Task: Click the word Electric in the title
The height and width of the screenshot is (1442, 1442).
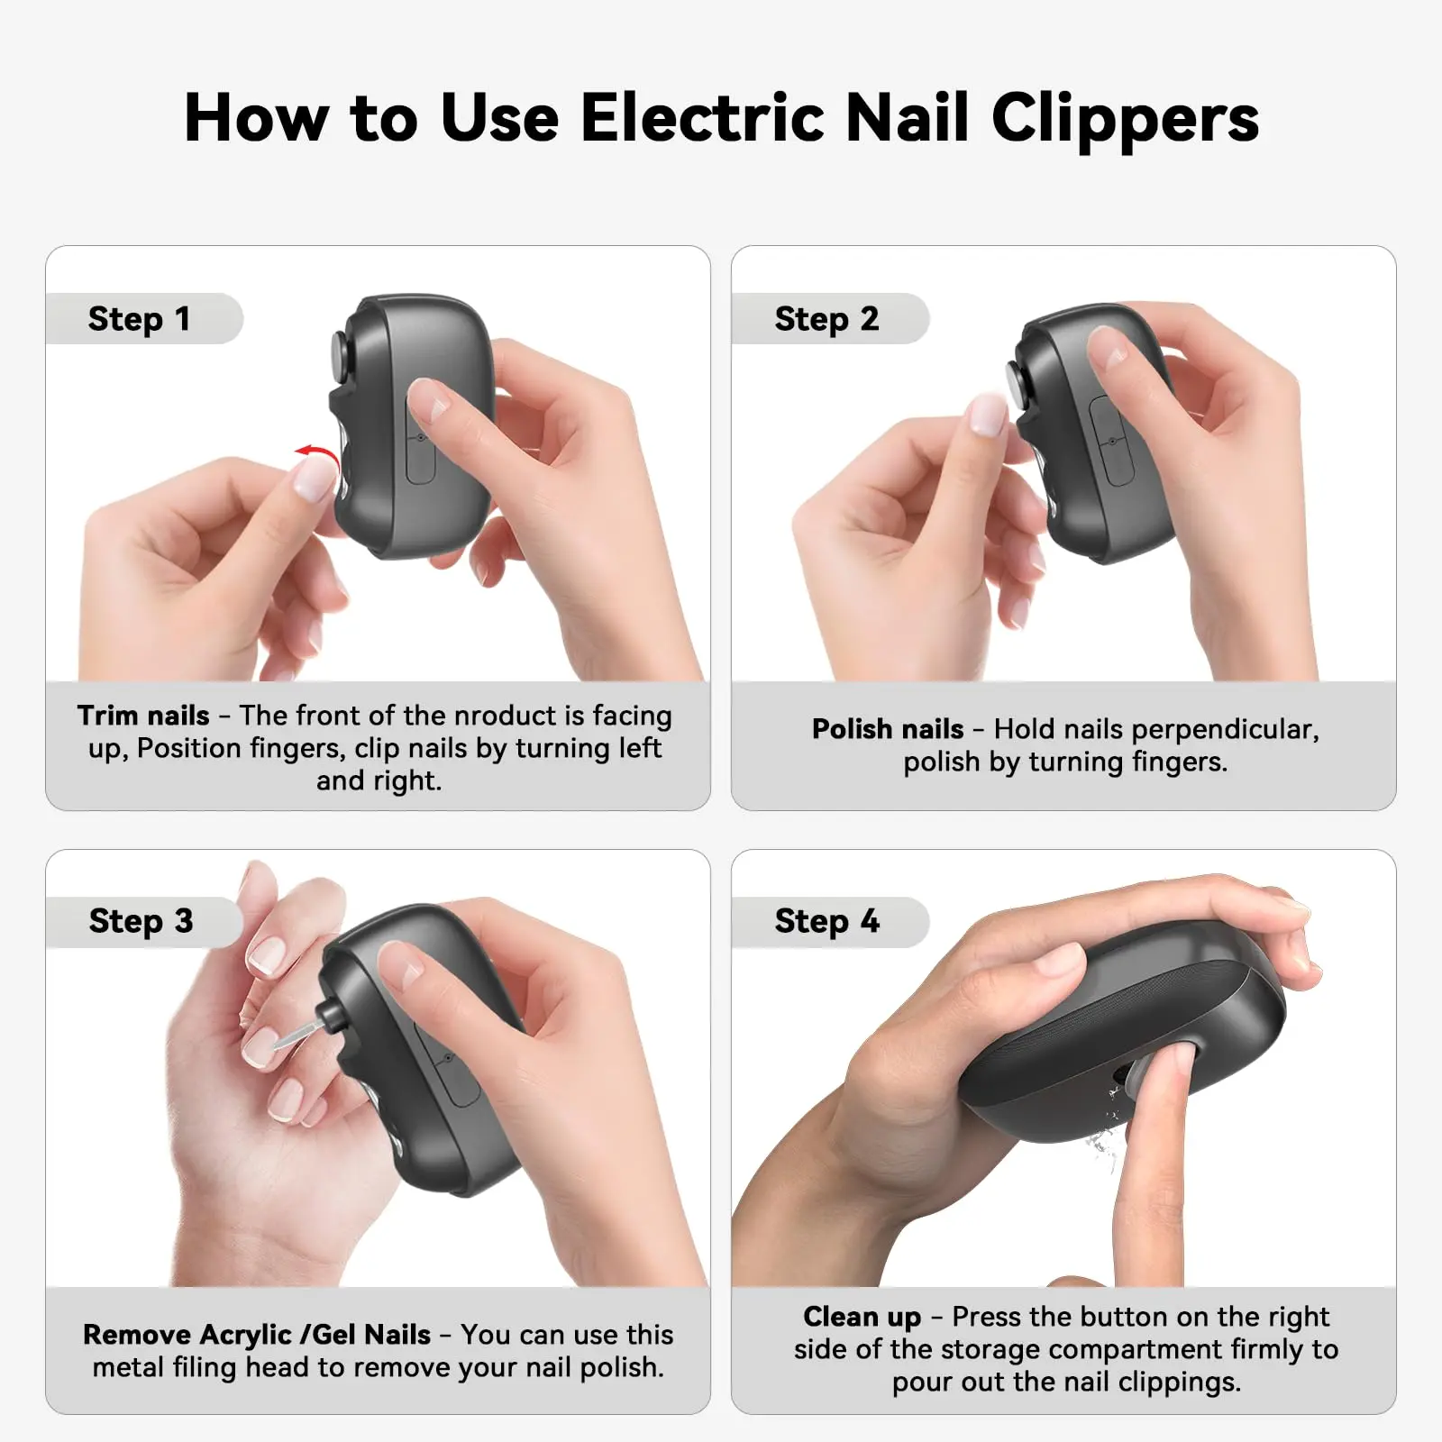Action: point(703,117)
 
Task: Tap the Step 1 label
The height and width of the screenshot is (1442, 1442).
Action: point(139,319)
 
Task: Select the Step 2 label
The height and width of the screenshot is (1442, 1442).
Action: point(826,319)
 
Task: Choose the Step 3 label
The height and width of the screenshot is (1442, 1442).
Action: point(141,921)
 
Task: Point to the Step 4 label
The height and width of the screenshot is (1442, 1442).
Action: point(826,921)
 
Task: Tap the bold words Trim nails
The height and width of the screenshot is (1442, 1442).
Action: point(143,716)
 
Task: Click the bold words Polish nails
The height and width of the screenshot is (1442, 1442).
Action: point(888,729)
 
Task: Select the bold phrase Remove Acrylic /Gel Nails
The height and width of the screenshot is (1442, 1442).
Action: point(257,1335)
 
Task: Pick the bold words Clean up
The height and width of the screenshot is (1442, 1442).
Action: point(862,1318)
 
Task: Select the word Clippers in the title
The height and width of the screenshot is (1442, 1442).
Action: point(1125,117)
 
